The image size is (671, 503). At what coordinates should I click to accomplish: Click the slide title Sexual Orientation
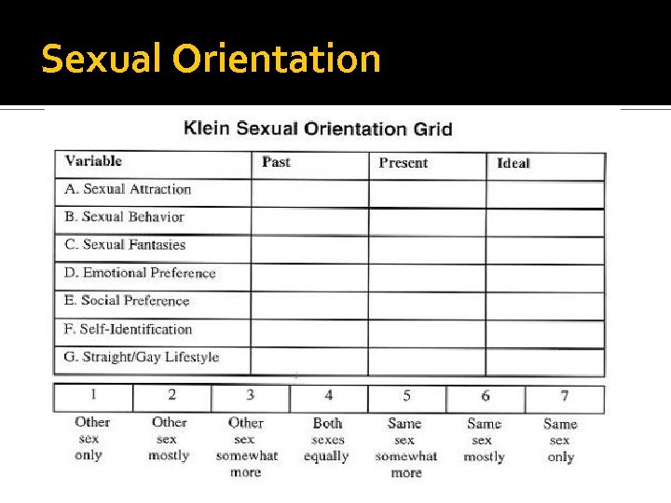212,60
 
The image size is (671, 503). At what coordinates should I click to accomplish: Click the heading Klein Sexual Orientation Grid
318,128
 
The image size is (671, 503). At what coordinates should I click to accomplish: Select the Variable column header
93,161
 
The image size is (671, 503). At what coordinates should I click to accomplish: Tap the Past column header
276,162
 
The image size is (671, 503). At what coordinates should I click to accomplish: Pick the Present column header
404,163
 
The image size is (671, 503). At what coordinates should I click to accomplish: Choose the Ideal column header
514,163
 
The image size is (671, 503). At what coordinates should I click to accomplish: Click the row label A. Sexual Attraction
128,189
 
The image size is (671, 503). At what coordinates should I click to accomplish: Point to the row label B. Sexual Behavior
124,217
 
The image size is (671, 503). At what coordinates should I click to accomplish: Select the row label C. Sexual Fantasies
125,245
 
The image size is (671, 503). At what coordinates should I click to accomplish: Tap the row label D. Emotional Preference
140,273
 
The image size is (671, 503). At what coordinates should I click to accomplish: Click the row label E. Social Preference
127,301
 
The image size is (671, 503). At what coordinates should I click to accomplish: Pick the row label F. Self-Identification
129,329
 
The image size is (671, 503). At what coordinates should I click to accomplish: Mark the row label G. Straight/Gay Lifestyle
142,357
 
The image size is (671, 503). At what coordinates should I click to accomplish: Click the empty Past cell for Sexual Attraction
309,193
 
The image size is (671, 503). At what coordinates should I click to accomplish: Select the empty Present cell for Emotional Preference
427,277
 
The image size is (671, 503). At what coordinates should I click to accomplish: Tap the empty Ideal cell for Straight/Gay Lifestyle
545,361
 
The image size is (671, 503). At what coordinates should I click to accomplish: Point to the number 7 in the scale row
564,397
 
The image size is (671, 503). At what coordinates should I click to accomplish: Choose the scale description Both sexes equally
326,440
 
